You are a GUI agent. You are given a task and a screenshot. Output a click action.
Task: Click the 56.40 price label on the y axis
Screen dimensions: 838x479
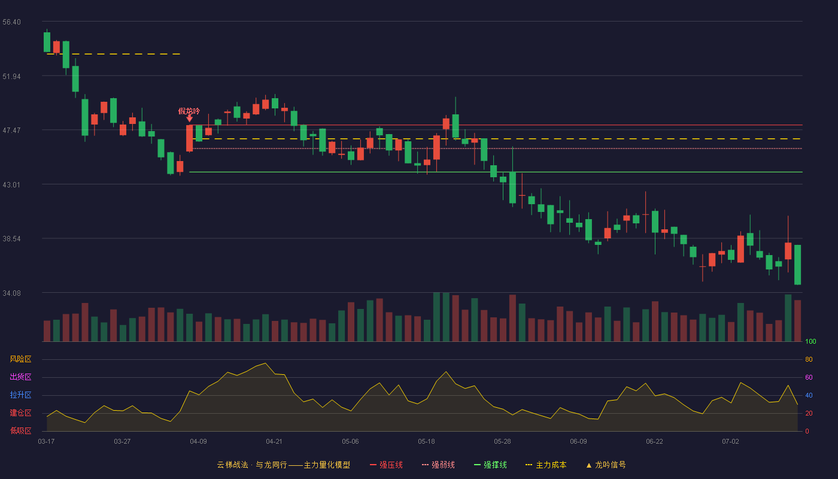click(x=11, y=22)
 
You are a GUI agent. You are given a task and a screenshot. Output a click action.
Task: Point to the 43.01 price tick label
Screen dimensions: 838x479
click(x=11, y=185)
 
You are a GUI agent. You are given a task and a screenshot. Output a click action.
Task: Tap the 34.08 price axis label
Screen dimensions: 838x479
click(x=11, y=293)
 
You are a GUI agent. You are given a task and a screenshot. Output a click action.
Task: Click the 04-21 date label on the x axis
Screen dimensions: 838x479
click(x=274, y=442)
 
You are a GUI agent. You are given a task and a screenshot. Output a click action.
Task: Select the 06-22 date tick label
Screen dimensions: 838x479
click(x=654, y=442)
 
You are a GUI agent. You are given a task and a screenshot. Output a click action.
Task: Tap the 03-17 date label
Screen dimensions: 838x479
click(x=46, y=442)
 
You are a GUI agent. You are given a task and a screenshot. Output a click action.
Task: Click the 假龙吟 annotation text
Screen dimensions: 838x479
click(x=189, y=111)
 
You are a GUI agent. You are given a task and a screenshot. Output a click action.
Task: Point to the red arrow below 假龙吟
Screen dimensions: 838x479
click(x=190, y=119)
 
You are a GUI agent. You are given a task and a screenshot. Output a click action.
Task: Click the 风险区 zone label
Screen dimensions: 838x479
click(x=20, y=359)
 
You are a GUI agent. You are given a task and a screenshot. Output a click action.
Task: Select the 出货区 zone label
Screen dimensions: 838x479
click(x=20, y=377)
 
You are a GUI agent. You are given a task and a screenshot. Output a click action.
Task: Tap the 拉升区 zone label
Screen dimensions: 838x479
click(x=20, y=395)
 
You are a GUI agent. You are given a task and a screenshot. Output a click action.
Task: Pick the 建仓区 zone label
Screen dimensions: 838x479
click(x=20, y=413)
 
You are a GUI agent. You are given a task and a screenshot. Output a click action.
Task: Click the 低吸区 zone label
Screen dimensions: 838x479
click(x=20, y=431)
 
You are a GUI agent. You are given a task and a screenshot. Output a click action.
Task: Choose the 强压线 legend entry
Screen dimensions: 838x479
click(x=386, y=465)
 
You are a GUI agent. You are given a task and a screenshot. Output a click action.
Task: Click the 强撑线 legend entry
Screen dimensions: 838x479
click(x=490, y=465)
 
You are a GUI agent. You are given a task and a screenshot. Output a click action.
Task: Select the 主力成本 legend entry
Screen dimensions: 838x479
click(x=546, y=465)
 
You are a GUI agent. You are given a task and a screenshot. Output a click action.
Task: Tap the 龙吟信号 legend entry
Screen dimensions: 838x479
click(x=606, y=465)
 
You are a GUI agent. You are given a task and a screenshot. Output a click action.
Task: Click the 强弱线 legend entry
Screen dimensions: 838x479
click(x=438, y=465)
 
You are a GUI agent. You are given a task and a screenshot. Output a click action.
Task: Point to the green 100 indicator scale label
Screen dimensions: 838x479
click(x=810, y=341)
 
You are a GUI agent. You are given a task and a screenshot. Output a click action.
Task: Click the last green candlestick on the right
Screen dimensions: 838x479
click(x=797, y=265)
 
